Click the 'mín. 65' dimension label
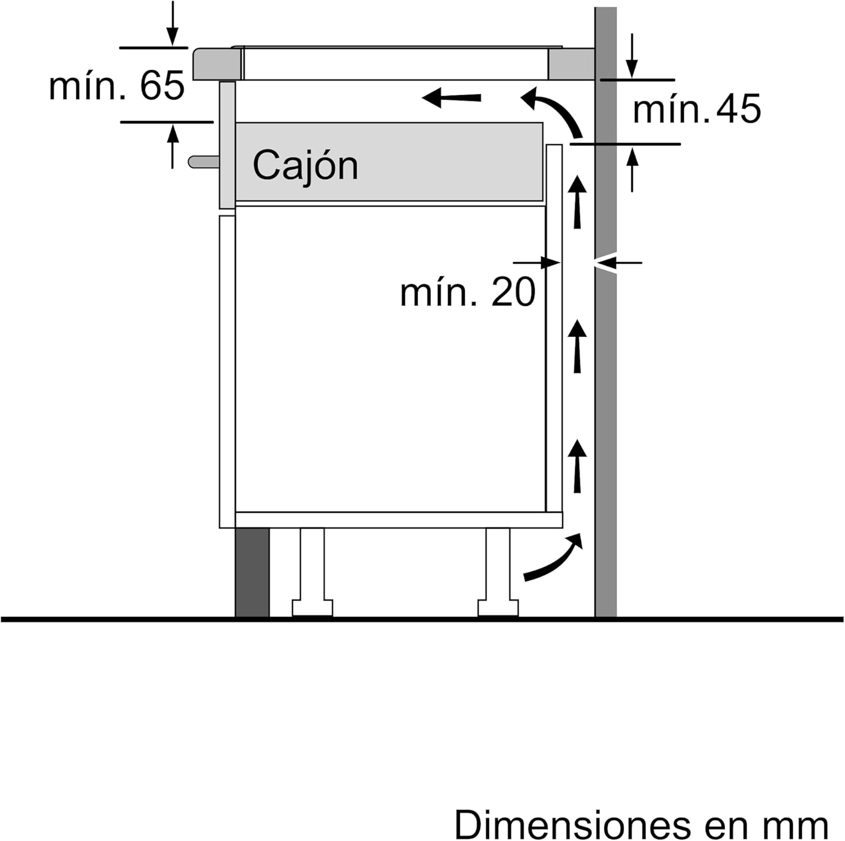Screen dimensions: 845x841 click(x=117, y=86)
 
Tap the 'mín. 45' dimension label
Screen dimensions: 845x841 click(x=697, y=109)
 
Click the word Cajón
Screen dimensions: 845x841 click(x=305, y=165)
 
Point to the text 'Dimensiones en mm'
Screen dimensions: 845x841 click(x=642, y=825)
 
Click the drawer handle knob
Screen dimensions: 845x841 click(x=203, y=162)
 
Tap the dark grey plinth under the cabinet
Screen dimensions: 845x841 click(x=252, y=572)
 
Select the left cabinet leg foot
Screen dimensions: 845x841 click(x=312, y=608)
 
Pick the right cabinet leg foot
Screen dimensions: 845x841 click(x=498, y=608)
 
